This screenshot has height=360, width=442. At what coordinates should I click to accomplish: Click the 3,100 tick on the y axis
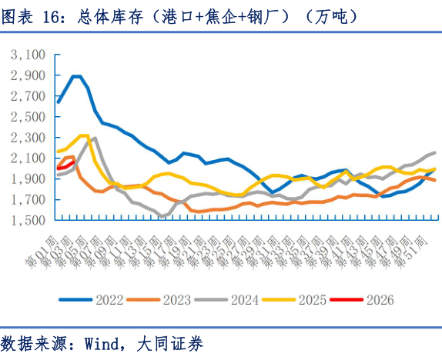click(x=29, y=55)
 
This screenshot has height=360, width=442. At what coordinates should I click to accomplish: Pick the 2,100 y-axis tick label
click(x=29, y=158)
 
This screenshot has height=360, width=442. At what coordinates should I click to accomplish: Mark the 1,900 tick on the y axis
click(x=29, y=179)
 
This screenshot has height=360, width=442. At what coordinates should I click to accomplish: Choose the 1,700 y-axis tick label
click(x=29, y=200)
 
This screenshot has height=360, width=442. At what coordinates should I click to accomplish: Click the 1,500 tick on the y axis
click(x=29, y=221)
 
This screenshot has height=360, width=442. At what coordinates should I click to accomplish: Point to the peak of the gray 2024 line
click(x=93, y=138)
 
